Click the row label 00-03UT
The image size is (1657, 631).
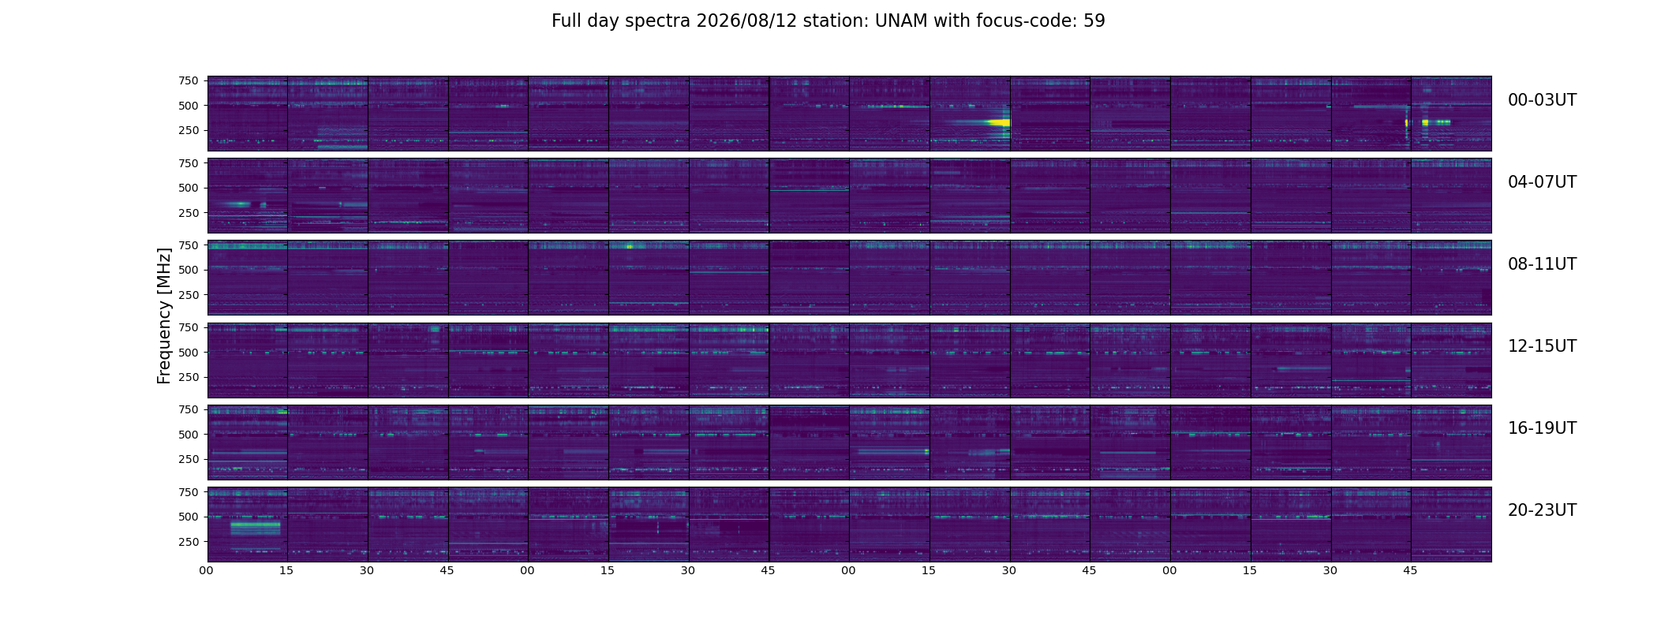coord(1542,100)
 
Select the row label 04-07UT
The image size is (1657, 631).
coord(1542,182)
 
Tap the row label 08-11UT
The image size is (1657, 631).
coord(1542,264)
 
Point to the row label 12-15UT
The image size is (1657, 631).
coord(1542,346)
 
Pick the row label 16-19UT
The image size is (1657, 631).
coord(1542,428)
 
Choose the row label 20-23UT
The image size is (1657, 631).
coord(1542,510)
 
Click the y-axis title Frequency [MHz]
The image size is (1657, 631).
coord(164,316)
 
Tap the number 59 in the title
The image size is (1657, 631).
coord(1094,21)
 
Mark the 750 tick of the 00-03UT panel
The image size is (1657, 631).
coord(188,80)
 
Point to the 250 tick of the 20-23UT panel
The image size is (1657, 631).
coord(188,542)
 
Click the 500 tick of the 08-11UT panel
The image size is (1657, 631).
coord(188,270)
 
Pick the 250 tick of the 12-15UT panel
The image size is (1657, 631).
coord(188,377)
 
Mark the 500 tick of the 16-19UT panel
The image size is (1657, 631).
coord(188,435)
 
